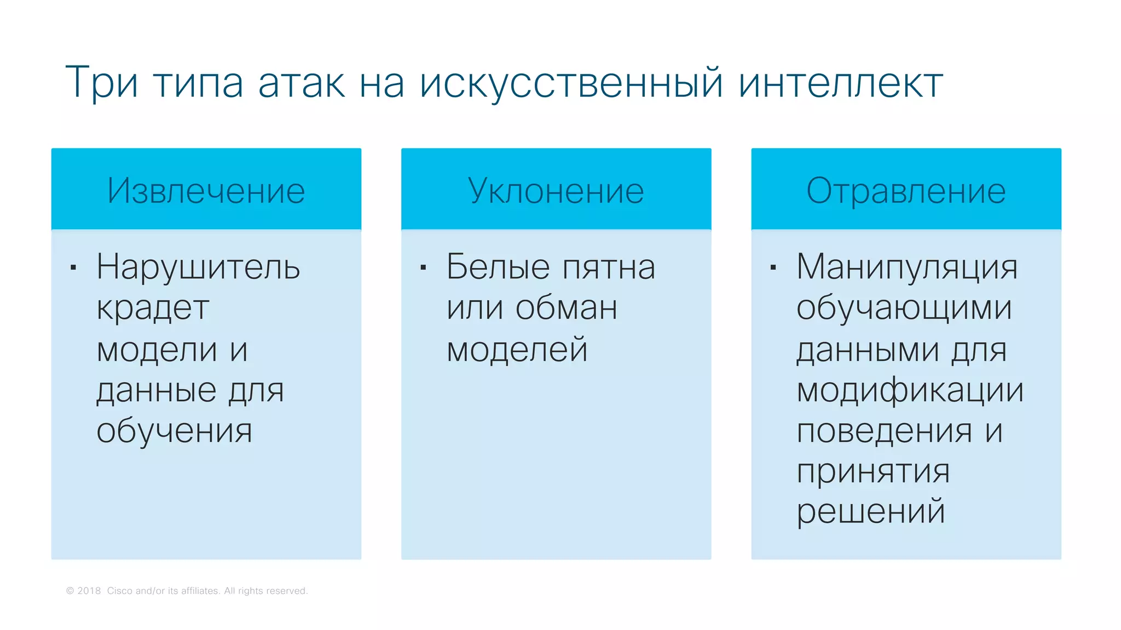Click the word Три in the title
click(102, 83)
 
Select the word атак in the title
click(302, 83)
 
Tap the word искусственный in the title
click(571, 83)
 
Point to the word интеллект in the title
click(840, 83)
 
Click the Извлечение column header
click(206, 191)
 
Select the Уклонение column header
click(556, 191)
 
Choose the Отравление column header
click(906, 191)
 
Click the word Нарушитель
click(198, 267)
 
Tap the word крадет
click(153, 308)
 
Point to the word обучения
click(174, 431)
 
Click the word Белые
click(498, 267)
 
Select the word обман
click(567, 308)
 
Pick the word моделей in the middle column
click(517, 350)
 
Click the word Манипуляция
click(907, 267)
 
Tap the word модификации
click(910, 390)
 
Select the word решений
click(870, 512)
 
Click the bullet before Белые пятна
click(423, 267)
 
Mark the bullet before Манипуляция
click(773, 267)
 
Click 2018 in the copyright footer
click(89, 591)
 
